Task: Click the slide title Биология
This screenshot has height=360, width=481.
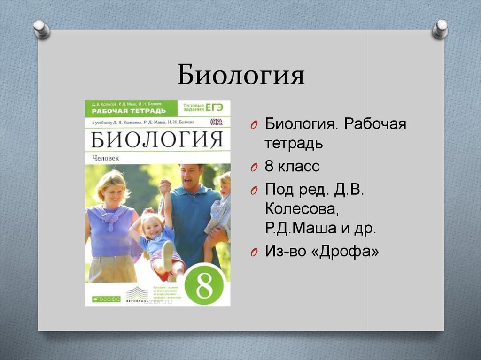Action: coord(240,75)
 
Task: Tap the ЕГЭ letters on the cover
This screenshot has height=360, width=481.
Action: coord(214,107)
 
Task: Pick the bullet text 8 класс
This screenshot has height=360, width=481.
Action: coord(292,166)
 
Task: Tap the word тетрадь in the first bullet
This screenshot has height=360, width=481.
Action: coord(294,143)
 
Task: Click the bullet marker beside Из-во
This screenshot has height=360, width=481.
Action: coord(253,253)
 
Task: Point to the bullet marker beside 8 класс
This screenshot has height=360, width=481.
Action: coord(253,167)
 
